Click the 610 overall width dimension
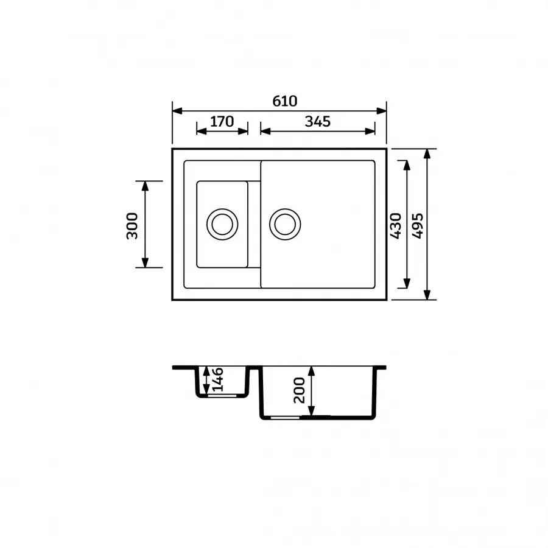(x=284, y=101)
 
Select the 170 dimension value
(x=222, y=121)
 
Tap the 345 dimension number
(x=317, y=121)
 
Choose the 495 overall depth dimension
(x=417, y=225)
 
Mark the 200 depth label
(x=299, y=390)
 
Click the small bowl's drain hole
(x=222, y=223)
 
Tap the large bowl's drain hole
(x=284, y=223)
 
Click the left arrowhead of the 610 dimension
(x=177, y=111)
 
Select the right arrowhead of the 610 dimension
(x=382, y=111)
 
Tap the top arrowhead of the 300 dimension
(x=146, y=186)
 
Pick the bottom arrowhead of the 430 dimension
(x=406, y=284)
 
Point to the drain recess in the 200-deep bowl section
(x=285, y=418)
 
